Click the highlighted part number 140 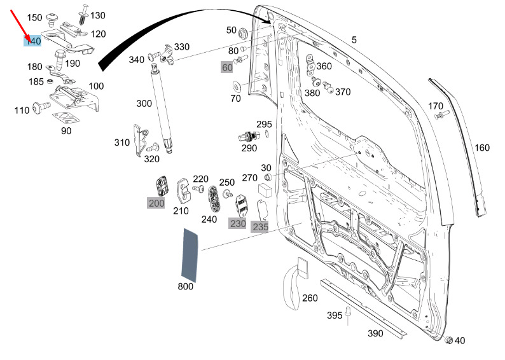(33, 41)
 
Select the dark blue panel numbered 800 (190, 255)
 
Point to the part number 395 (335, 315)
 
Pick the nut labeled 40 (448, 340)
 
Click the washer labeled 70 (237, 87)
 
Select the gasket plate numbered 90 (66, 118)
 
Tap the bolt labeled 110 (42, 107)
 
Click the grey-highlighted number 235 (261, 226)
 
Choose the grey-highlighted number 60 (227, 67)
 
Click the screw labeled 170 (441, 114)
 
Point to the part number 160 (482, 148)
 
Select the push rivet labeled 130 (84, 14)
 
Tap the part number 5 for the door (354, 40)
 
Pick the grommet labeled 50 (242, 34)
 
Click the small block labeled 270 (265, 190)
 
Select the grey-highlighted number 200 (156, 203)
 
